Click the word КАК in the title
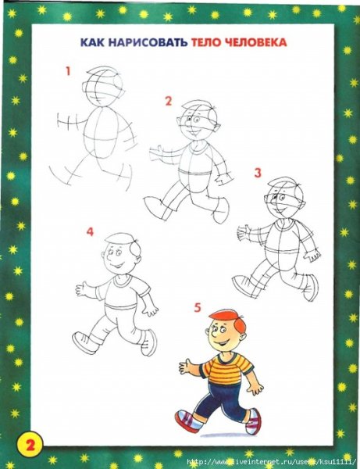92,42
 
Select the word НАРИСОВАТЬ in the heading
148,42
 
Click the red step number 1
68,71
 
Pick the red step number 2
169,101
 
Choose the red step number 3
258,173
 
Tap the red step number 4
90,232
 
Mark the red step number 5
198,308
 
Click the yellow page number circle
30,446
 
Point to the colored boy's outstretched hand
187,367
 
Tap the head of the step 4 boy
122,254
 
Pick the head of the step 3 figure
284,199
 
